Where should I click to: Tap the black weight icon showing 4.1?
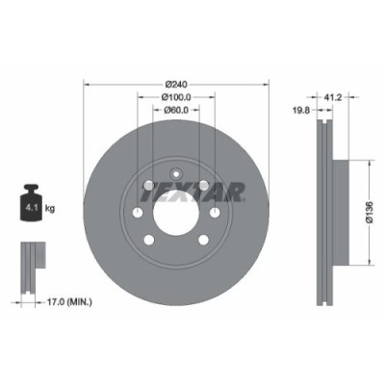[x=32, y=205]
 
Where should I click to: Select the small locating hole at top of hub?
[x=171, y=162]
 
